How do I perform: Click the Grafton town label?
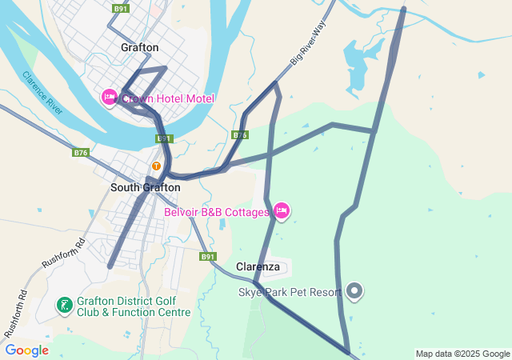pos(140,47)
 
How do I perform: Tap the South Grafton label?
pos(145,187)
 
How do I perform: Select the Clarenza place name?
pos(258,266)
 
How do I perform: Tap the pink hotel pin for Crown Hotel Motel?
pos(110,98)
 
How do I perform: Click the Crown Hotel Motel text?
pos(168,98)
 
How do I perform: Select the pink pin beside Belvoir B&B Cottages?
pos(281,211)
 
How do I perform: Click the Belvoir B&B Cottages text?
pos(216,212)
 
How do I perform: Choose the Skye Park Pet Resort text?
pos(290,292)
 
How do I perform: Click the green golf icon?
pos(64,305)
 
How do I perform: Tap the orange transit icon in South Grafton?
pos(157,166)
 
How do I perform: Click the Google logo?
pos(26,350)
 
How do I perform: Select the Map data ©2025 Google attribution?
pos(462,354)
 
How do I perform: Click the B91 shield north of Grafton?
pos(121,8)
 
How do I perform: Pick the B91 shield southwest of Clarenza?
pos(208,257)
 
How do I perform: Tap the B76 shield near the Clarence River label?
pos(80,152)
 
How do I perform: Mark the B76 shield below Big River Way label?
pos(240,134)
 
